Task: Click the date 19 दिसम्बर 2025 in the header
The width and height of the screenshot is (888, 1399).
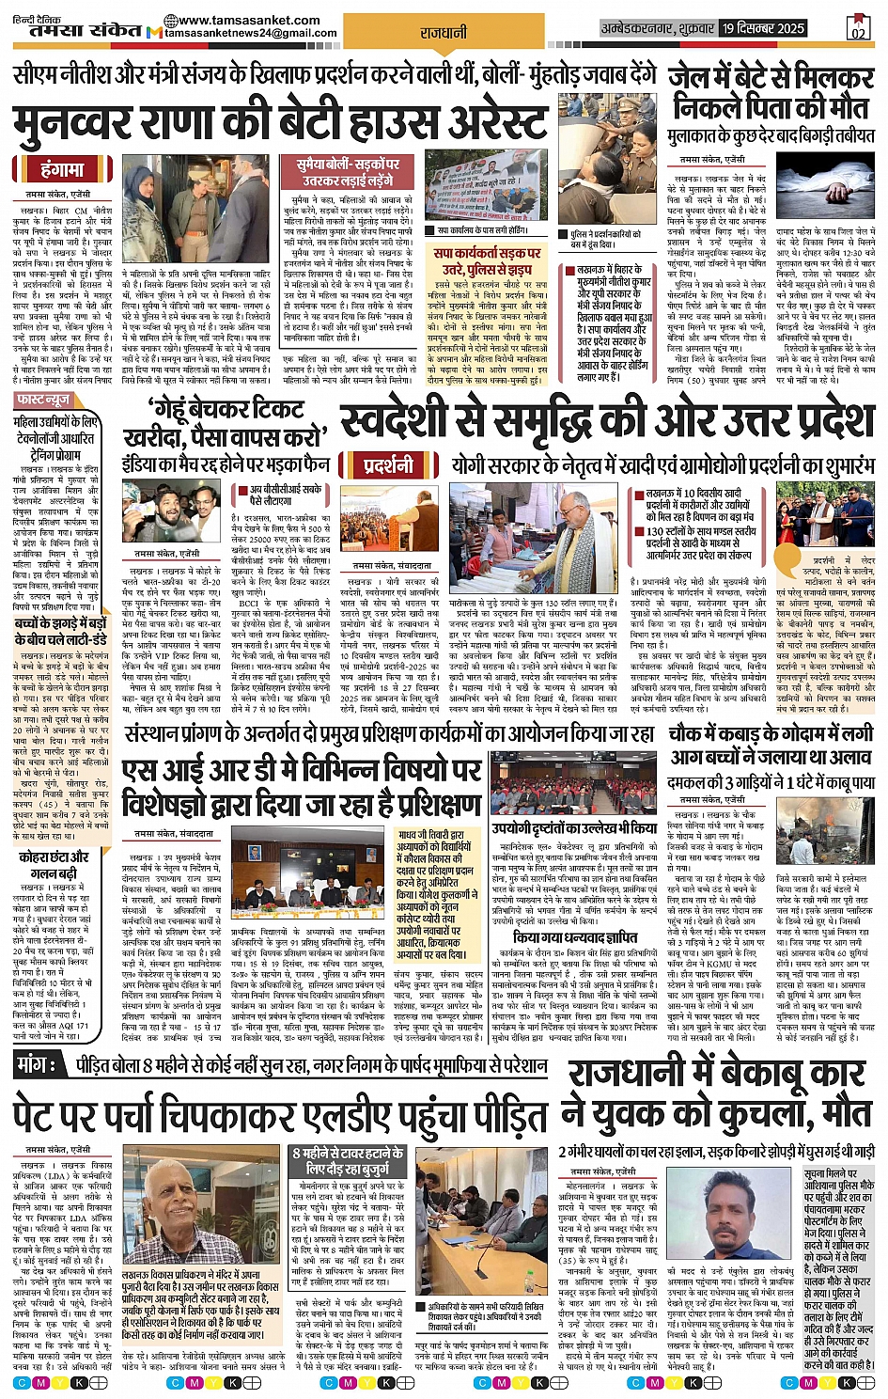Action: pos(763,28)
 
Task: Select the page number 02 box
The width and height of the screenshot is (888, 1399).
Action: pos(858,28)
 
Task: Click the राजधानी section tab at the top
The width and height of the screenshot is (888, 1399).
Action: pos(443,33)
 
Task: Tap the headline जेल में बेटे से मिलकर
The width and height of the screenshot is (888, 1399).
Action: pos(771,77)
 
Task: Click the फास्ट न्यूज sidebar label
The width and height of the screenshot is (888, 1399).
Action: pos(44,400)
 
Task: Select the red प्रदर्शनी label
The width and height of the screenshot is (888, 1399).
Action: pos(388,465)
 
